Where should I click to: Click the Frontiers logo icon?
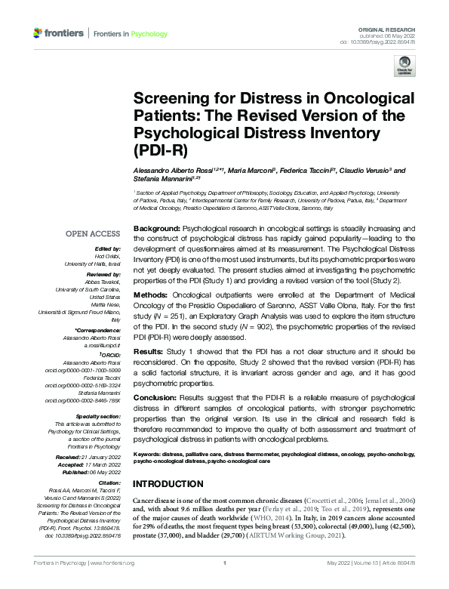coord(38,33)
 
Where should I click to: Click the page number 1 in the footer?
coord(225,584)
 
